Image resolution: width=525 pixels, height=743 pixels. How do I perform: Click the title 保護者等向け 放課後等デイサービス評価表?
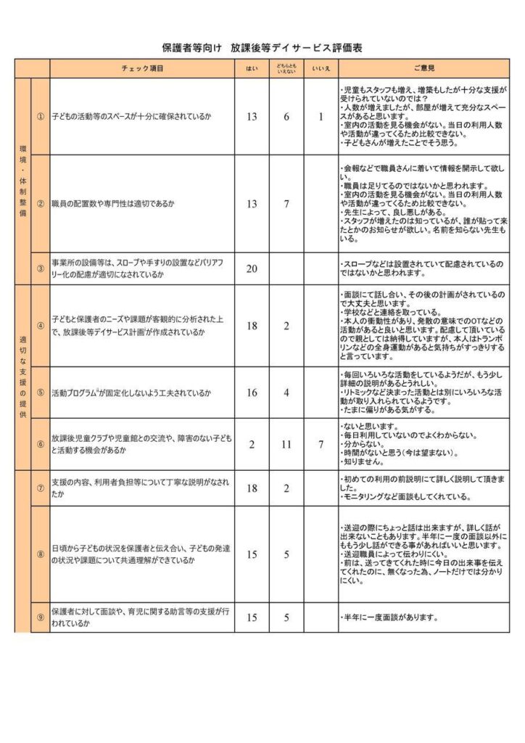coord(262,47)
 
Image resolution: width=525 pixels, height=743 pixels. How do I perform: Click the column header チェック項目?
coord(142,68)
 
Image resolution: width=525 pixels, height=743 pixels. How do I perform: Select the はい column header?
coord(252,68)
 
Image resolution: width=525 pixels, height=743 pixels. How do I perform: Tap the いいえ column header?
coord(321,68)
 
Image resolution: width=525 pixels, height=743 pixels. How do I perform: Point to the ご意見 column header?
coord(423,68)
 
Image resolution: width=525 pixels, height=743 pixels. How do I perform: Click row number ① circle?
coord(41,116)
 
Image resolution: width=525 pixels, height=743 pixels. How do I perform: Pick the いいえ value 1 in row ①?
coord(321,116)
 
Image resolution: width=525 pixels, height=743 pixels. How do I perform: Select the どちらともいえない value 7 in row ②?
coord(286,204)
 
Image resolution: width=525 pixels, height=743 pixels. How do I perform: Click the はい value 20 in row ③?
coord(252,268)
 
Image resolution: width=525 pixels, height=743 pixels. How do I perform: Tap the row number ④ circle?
coord(41,326)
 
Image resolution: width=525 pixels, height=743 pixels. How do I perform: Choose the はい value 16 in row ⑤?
coord(252,393)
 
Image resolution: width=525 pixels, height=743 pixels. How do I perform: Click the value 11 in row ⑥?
coord(286,444)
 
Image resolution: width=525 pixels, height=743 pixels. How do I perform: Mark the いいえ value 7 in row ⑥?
coord(321,444)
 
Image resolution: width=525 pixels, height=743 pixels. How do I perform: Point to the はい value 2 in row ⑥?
coord(252,444)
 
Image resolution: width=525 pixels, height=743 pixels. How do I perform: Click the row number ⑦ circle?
coord(41,488)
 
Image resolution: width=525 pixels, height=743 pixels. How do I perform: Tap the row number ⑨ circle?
coord(41,618)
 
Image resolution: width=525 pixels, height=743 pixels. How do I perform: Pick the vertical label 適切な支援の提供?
coord(22,377)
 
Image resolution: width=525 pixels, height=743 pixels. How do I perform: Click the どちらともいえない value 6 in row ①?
coord(286,116)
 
